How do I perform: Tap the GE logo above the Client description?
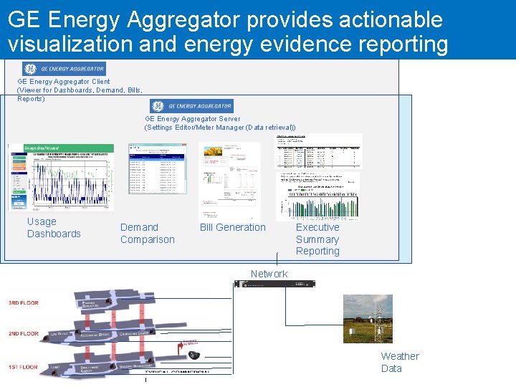pyautogui.click(x=31, y=69)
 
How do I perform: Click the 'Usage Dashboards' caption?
pyautogui.click(x=54, y=228)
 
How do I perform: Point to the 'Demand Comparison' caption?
pyautogui.click(x=147, y=234)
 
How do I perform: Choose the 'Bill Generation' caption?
pyautogui.click(x=232, y=227)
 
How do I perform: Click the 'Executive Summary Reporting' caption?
pyautogui.click(x=317, y=239)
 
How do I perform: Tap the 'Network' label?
pyautogui.click(x=269, y=274)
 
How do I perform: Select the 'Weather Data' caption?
pyautogui.click(x=400, y=362)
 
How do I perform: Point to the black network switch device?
pyautogui.click(x=274, y=284)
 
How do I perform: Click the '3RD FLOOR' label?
pyautogui.click(x=24, y=302)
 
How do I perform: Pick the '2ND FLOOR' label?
pyautogui.click(x=24, y=334)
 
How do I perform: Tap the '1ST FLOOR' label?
pyautogui.click(x=24, y=367)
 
